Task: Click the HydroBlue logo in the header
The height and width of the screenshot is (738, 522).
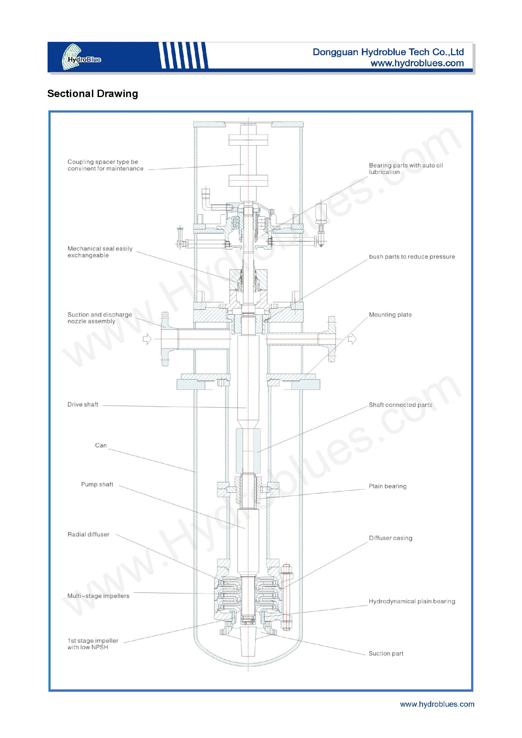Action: [x=81, y=57]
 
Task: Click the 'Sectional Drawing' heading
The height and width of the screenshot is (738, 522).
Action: [x=92, y=94]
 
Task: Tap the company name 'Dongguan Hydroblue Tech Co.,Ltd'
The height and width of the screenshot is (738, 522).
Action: [x=388, y=52]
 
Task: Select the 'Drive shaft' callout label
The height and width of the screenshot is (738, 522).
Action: [x=83, y=404]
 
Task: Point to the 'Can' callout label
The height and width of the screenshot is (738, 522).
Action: [x=101, y=445]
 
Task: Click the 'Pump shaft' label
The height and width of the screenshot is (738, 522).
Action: [x=97, y=484]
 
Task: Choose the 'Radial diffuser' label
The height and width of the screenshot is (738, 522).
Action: [x=88, y=534]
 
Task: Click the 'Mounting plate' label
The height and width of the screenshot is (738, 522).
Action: [x=390, y=315]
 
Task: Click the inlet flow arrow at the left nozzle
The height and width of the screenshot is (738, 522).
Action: [x=147, y=339]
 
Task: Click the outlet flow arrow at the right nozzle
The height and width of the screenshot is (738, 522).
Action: [x=352, y=339]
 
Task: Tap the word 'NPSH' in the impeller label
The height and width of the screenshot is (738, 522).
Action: [x=100, y=647]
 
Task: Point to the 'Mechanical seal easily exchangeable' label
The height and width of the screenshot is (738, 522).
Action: [x=100, y=252]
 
